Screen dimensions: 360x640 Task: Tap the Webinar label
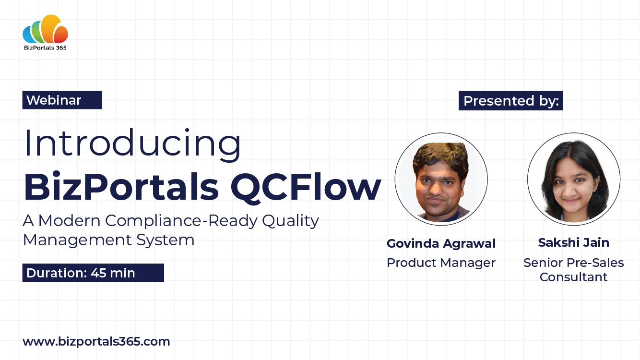54,100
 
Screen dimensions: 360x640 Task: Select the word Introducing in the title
132,143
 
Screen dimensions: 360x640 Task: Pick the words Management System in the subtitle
108,240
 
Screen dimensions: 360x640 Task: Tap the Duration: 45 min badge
93,273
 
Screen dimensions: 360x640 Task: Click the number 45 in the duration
97,273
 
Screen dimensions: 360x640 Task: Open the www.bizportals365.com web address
96,342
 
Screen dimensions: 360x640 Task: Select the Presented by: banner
510,101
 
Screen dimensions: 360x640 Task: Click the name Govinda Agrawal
441,244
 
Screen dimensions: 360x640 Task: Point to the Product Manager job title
441,263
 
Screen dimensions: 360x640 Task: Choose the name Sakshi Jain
573,243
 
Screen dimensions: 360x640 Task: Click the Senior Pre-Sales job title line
573,263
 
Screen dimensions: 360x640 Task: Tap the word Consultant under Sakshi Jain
573,277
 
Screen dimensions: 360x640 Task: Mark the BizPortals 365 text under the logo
45,48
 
